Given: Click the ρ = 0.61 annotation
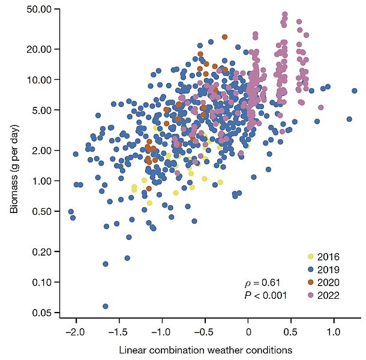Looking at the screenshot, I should (x=263, y=282).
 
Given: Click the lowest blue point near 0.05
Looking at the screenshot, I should (x=106, y=306).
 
